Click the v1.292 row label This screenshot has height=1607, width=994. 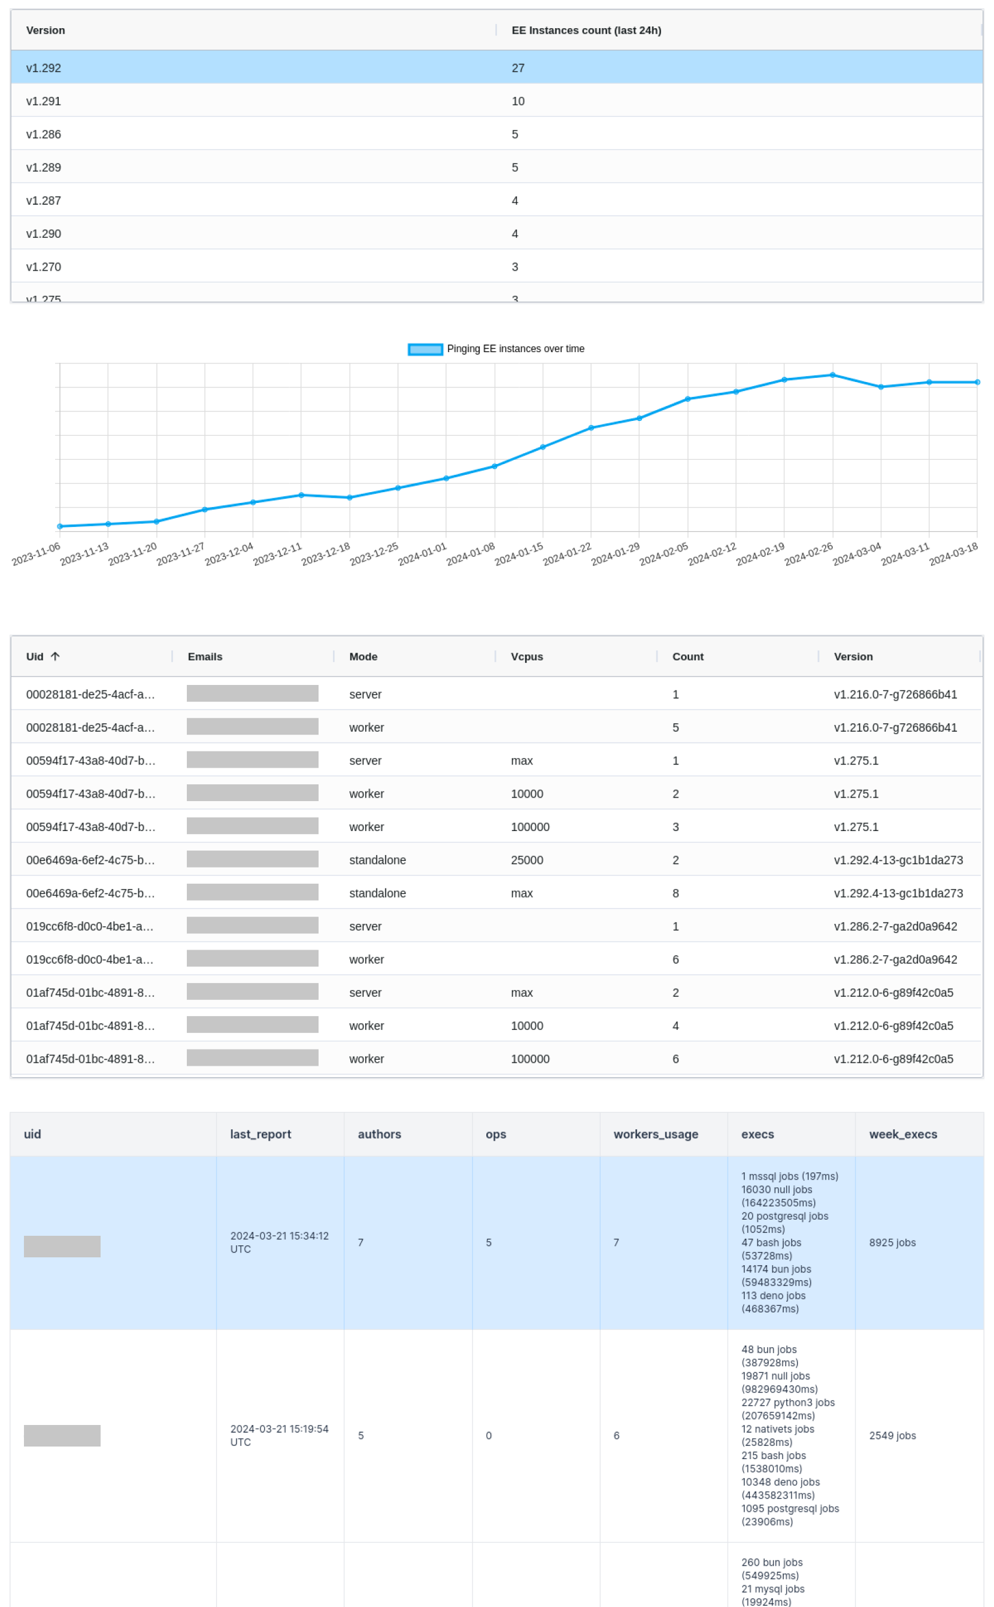tap(43, 68)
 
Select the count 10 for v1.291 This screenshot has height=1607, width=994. tap(518, 101)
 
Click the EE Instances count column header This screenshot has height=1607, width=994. tap(586, 30)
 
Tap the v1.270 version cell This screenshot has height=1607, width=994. tap(43, 267)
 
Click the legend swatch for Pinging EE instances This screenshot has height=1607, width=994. tap(425, 349)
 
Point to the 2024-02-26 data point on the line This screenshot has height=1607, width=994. tap(832, 375)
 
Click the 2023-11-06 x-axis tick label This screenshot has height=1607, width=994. tap(37, 554)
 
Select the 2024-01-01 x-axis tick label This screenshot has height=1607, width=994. tap(423, 554)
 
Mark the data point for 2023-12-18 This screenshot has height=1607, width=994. tap(350, 498)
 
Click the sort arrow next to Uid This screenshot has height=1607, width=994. tap(55, 656)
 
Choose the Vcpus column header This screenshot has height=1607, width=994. tap(526, 657)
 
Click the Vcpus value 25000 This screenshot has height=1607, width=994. tap(526, 860)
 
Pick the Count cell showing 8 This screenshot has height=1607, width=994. tap(675, 893)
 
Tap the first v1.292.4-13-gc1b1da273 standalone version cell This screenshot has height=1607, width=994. tap(898, 860)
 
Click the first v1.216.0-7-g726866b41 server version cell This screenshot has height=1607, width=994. tap(895, 694)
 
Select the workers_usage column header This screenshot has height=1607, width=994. tap(656, 1134)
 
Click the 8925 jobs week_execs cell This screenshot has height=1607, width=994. tap(892, 1242)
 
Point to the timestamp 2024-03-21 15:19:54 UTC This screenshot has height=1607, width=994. tap(279, 1435)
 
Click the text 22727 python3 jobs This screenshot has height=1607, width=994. tap(787, 1403)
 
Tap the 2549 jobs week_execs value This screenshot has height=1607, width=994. tap(892, 1435)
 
